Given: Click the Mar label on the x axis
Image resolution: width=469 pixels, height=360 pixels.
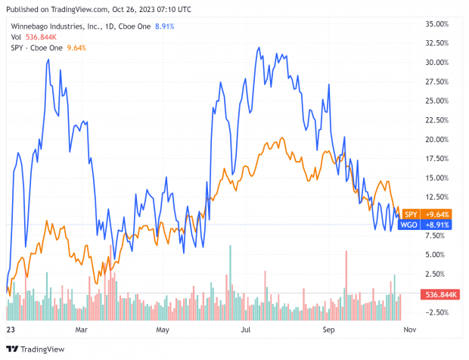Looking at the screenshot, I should [x=82, y=331].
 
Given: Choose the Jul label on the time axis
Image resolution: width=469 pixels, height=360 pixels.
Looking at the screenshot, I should [x=246, y=331].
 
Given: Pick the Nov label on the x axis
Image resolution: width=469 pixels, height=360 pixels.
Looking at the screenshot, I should [x=408, y=331].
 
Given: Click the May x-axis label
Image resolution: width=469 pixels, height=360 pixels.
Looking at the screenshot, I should [x=162, y=331].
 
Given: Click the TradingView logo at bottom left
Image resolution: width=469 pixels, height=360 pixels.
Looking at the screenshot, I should [x=36, y=349].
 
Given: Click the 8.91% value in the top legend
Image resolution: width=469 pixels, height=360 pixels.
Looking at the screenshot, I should [x=164, y=26].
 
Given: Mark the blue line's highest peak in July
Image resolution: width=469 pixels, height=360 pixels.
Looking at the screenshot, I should [x=259, y=48].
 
